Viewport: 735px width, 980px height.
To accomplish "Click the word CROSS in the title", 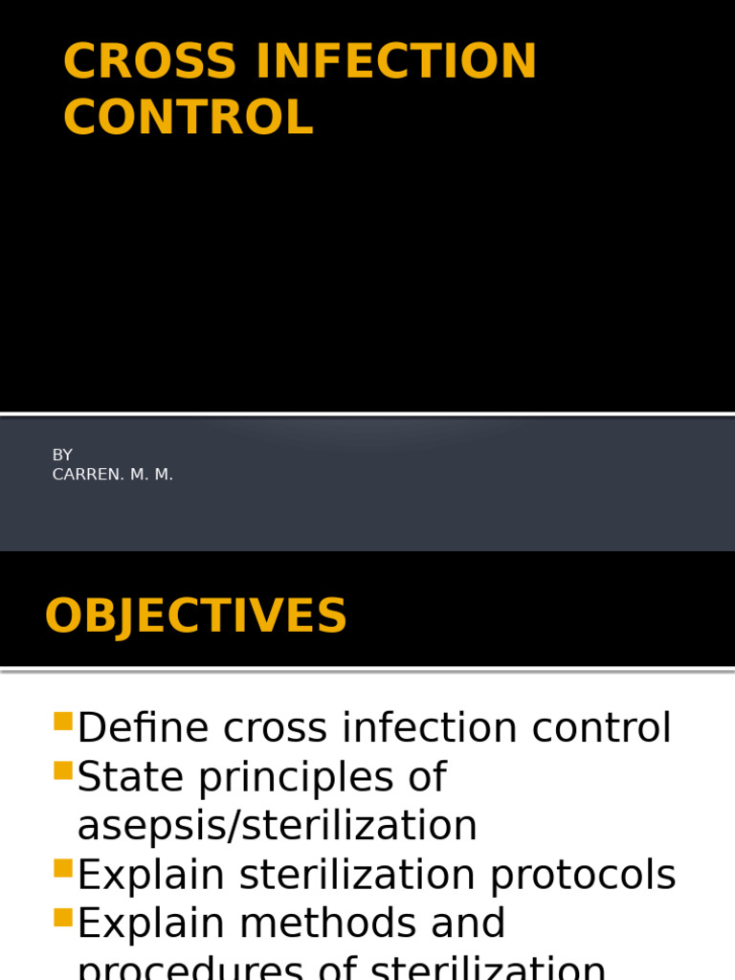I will pyautogui.click(x=150, y=62).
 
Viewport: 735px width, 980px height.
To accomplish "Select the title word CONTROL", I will pyautogui.click(x=189, y=118).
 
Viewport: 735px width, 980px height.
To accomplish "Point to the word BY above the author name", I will pyautogui.click(x=62, y=455).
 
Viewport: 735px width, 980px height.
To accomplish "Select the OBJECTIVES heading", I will pyautogui.click(x=195, y=616).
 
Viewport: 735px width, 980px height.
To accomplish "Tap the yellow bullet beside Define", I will pyautogui.click(x=64, y=722).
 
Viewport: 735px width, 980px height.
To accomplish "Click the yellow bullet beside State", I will pyautogui.click(x=64, y=770).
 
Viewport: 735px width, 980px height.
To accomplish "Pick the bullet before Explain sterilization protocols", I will pyautogui.click(x=64, y=868).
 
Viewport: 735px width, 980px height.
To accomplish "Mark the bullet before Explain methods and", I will pyautogui.click(x=64, y=917).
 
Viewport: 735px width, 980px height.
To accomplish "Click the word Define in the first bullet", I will pyautogui.click(x=144, y=728).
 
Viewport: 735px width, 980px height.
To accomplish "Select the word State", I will pyautogui.click(x=130, y=777).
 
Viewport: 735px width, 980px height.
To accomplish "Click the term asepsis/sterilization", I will pyautogui.click(x=277, y=826).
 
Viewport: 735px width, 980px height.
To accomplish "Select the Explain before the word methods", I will pyautogui.click(x=150, y=924).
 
